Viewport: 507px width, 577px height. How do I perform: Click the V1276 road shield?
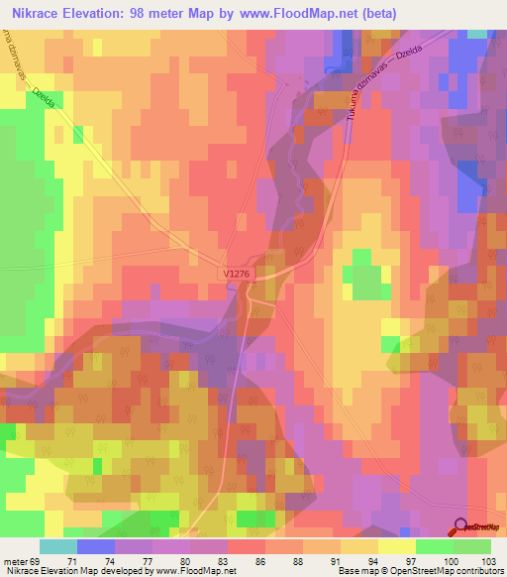click(x=236, y=271)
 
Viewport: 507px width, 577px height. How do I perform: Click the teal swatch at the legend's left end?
click(x=58, y=546)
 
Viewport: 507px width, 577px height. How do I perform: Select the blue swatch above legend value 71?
click(x=96, y=546)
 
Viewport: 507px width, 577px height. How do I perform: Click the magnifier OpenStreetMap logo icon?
click(x=459, y=526)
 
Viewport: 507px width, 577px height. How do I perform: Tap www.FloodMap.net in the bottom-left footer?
click(x=198, y=571)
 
